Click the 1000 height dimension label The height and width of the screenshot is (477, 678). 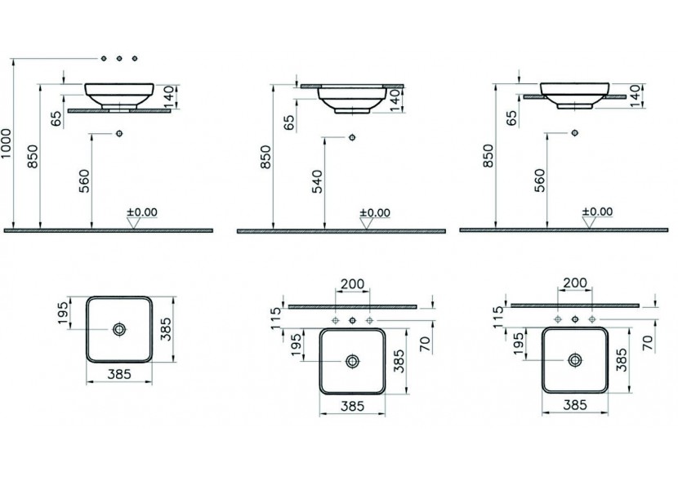point(7,143)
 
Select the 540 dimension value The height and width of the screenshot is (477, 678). point(317,181)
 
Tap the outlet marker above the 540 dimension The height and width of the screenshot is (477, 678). point(352,137)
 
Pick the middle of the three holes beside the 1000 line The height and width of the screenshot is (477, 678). point(119,58)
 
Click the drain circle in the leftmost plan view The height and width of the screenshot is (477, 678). point(119,329)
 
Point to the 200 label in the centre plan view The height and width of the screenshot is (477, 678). point(352,284)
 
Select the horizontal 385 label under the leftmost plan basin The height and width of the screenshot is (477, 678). point(119,374)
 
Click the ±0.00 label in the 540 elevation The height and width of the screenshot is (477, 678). point(375,212)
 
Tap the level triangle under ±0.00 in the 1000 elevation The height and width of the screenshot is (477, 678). point(134,223)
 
